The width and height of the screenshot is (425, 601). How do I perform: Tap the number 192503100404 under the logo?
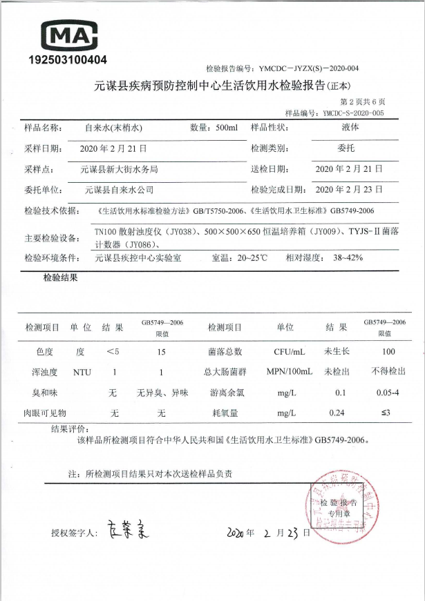[x=68, y=59]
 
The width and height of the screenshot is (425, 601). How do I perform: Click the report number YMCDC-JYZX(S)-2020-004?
[x=308, y=68]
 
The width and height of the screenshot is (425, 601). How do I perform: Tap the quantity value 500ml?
[x=226, y=128]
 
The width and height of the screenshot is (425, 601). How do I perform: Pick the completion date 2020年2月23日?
[x=349, y=189]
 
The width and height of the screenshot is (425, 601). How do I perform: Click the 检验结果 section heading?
[x=60, y=278]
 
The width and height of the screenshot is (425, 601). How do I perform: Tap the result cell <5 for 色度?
[x=113, y=352]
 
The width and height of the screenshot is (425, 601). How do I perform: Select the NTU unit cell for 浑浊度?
[x=82, y=372]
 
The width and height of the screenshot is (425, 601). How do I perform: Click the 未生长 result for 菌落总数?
[x=337, y=352]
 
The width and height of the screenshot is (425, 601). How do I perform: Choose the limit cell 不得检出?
[x=388, y=372]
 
